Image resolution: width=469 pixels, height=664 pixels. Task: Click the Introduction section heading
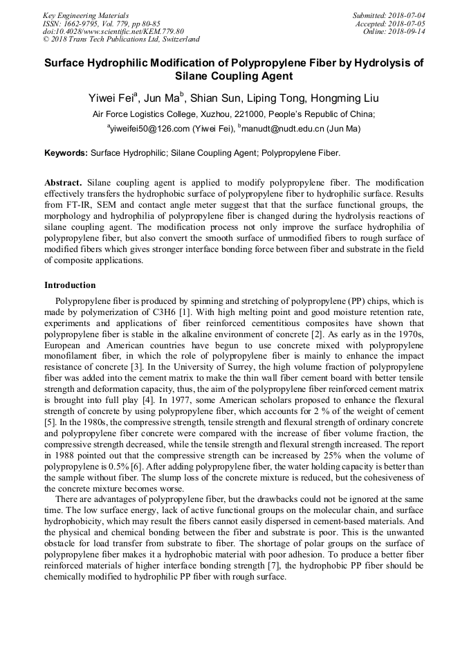coord(70,285)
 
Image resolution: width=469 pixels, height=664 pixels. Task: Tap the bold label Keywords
coord(66,152)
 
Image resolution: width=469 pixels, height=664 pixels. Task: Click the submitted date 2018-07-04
coord(407,15)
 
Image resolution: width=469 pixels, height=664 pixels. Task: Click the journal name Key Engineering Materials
coord(85,15)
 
